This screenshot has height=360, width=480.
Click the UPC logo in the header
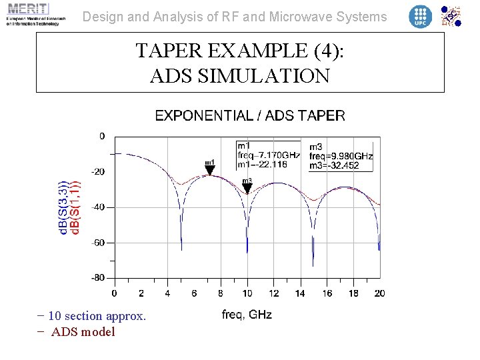click(x=420, y=16)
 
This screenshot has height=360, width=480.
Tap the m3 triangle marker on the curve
click(x=247, y=188)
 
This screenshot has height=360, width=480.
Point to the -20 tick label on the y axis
click(x=97, y=172)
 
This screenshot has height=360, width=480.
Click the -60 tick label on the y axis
click(x=97, y=243)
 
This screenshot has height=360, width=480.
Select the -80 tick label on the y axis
click(x=97, y=277)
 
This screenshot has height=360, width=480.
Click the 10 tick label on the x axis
click(x=247, y=293)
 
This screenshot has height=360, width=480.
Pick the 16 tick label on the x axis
click(x=327, y=293)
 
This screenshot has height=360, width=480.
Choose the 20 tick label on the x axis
click(x=380, y=293)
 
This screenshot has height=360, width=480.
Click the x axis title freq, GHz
click(x=247, y=315)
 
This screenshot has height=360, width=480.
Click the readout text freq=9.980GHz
click(x=341, y=156)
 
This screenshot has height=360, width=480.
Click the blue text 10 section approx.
click(x=97, y=316)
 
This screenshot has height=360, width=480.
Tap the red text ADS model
click(x=83, y=332)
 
